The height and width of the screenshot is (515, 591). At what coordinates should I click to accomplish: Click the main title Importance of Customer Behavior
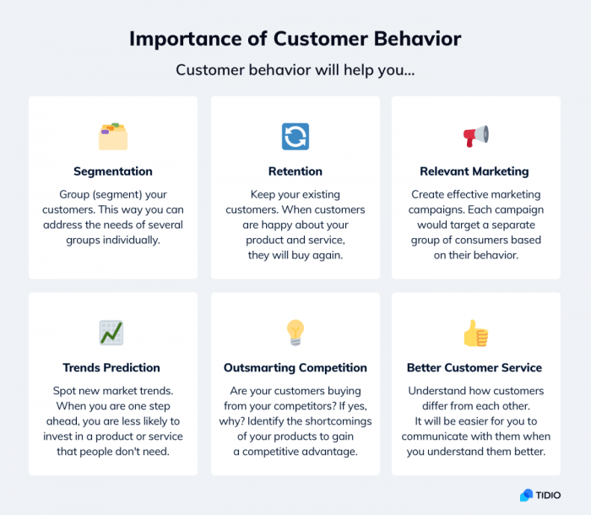coord(295,39)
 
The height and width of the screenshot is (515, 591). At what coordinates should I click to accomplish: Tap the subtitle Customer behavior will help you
coord(295,69)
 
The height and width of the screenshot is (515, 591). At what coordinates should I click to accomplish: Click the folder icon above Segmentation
coord(113,136)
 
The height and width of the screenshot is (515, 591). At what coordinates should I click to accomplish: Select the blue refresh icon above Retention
coord(295,136)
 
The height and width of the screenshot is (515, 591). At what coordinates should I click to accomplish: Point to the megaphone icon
coord(475,135)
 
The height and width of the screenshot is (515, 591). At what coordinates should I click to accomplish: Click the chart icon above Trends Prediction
coord(111,333)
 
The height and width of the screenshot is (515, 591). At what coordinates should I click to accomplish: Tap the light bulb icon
coord(295,332)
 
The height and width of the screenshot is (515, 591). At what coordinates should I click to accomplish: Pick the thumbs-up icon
coord(475,333)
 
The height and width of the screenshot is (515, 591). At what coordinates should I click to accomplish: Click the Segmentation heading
coord(113,171)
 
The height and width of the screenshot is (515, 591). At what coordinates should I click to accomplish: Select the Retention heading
coord(295,171)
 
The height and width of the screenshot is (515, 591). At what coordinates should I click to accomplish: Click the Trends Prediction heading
coord(111,368)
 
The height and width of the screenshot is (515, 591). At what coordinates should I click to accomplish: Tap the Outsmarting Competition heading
coord(295,368)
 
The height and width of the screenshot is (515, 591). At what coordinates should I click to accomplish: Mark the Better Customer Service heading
coord(474,368)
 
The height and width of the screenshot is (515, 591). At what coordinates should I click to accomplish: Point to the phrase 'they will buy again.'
coord(295,255)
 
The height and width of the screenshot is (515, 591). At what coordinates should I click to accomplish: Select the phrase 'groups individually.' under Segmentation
coord(113,240)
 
